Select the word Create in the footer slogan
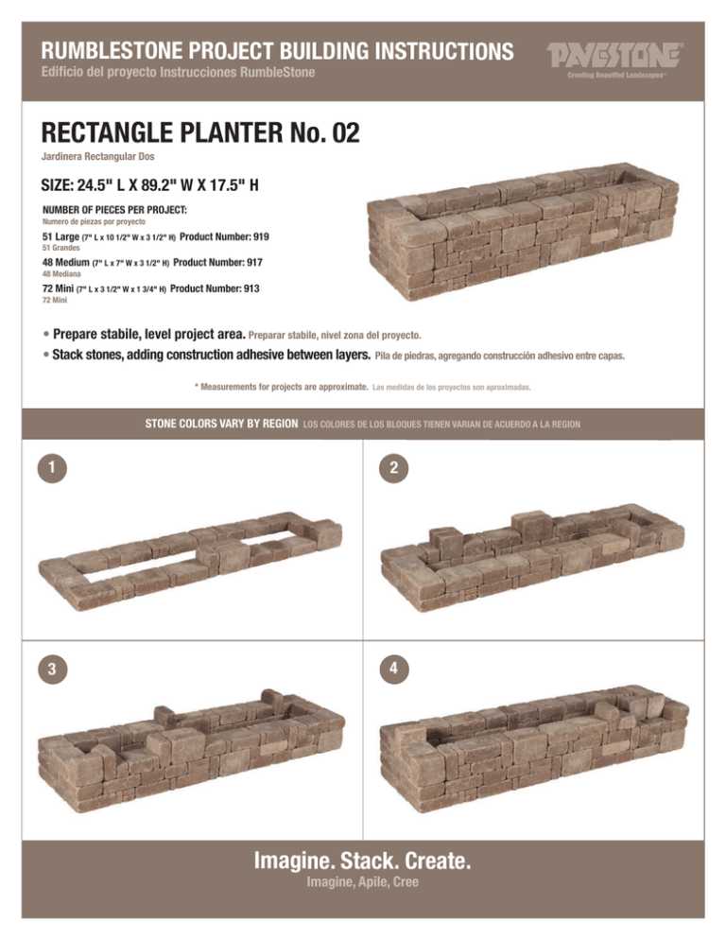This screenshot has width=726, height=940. click(x=440, y=862)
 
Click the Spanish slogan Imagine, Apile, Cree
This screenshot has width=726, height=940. click(x=364, y=883)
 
